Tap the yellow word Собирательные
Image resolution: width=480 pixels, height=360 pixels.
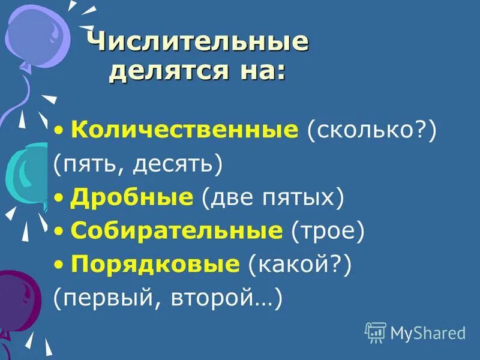[176, 230]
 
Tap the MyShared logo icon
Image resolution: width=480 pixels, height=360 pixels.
[375, 332]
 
